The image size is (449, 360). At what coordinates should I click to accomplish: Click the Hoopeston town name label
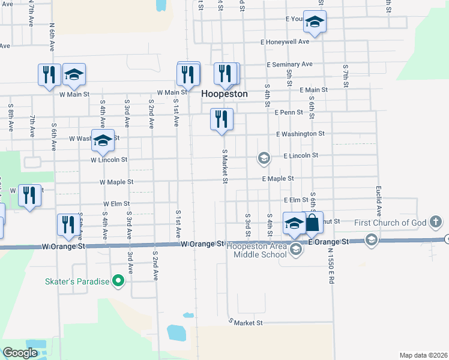tap(224, 94)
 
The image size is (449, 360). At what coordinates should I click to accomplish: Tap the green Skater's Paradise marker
tap(119, 281)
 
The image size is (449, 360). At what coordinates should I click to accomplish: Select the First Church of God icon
tap(436, 223)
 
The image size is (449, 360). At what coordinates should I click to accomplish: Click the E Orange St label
tap(328, 241)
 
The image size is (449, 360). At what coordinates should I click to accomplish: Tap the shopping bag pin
tap(313, 223)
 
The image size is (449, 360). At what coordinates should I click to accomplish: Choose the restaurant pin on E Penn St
tap(221, 119)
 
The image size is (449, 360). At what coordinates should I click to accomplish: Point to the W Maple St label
tap(116, 181)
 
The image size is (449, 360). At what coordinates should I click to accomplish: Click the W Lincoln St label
tap(109, 160)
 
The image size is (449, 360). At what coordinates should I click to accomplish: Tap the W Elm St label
tap(116, 204)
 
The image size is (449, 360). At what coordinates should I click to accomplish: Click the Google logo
tap(20, 353)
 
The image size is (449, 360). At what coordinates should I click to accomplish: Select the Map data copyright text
tap(423, 355)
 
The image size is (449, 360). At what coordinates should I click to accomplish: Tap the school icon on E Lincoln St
tap(263, 158)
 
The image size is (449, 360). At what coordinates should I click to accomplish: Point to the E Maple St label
tap(277, 179)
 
